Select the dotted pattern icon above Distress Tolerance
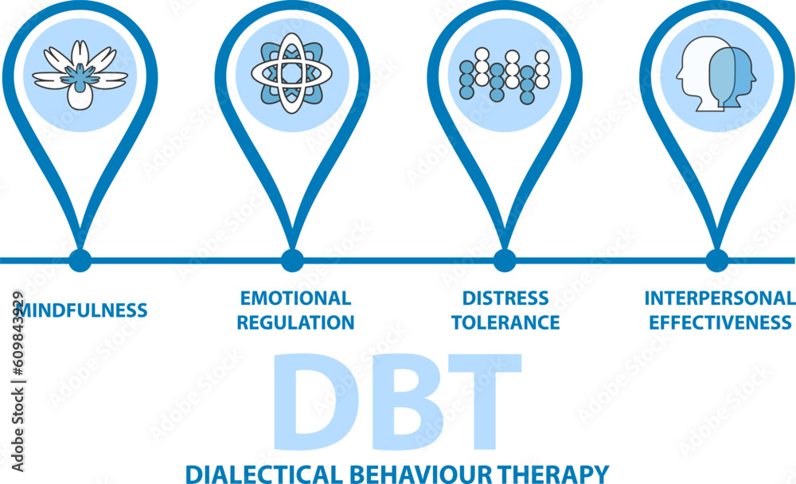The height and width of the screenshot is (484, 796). tap(504, 76)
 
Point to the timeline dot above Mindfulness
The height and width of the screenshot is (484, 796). tap(80, 260)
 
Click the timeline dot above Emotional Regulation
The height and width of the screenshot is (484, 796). tap(292, 260)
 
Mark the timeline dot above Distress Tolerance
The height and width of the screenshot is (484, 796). tap(504, 260)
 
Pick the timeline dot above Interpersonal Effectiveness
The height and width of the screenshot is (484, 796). tap(716, 260)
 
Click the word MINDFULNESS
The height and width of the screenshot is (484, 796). tap(82, 310)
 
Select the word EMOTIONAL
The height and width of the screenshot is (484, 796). tap(295, 299)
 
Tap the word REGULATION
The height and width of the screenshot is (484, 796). tap(295, 322)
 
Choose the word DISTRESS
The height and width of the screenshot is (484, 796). tap(505, 299)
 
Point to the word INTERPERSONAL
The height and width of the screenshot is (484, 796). tap(720, 299)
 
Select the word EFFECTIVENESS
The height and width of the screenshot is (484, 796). tap(720, 322)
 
